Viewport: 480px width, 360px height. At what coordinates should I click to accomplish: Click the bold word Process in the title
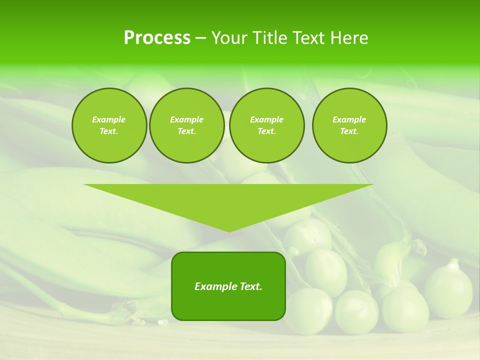pyautogui.click(x=157, y=38)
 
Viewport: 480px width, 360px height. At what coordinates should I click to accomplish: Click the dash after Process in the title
pyautogui.click(x=200, y=38)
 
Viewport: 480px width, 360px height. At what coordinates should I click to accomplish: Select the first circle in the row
pyautogui.click(x=109, y=125)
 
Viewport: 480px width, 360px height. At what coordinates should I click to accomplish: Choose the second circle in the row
pyautogui.click(x=186, y=125)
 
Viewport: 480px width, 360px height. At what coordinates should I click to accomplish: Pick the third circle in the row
pyautogui.click(x=266, y=125)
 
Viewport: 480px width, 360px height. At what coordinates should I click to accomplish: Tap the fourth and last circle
pyautogui.click(x=349, y=125)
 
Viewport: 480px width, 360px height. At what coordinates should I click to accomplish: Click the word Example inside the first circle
pyautogui.click(x=109, y=119)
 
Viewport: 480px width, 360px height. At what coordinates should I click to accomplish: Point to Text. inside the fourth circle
pyautogui.click(x=349, y=131)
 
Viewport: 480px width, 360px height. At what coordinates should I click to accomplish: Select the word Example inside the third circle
pyautogui.click(x=266, y=119)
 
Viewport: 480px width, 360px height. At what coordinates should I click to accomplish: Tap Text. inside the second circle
pyautogui.click(x=186, y=131)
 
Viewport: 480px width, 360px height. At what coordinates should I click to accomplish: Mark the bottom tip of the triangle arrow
pyautogui.click(x=228, y=231)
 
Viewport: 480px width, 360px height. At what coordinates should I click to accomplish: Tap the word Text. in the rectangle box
pyautogui.click(x=251, y=286)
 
